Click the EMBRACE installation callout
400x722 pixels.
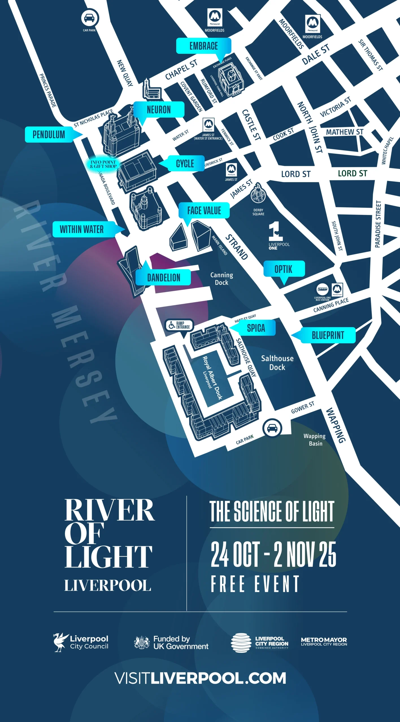203,46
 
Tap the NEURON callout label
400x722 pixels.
159,109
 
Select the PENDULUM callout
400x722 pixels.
49,135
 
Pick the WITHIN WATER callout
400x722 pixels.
82,229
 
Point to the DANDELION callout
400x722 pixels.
164,278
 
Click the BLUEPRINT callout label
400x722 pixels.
328,335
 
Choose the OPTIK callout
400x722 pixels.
284,269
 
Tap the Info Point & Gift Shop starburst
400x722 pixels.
103,164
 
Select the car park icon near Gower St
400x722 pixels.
272,428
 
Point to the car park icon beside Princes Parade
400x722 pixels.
90,18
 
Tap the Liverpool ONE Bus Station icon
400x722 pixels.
322,289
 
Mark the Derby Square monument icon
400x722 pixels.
258,193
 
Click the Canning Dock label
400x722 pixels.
222,279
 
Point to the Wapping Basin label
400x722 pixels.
315,440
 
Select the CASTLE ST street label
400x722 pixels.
251,125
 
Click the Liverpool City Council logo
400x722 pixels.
81,642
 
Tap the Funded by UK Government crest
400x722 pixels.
142,642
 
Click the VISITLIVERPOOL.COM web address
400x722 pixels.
200,678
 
